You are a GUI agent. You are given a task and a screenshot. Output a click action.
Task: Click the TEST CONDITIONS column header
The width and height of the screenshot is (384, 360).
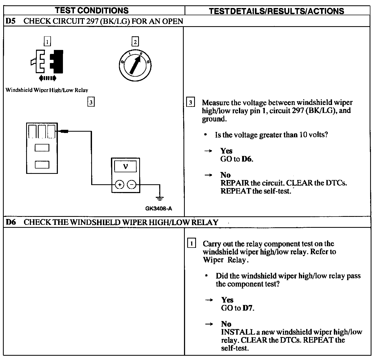click(x=91, y=10)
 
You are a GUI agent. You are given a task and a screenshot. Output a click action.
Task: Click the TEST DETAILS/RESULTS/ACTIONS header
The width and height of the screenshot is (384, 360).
click(x=276, y=11)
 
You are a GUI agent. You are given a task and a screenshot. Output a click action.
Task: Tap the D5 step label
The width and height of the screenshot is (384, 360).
click(x=10, y=21)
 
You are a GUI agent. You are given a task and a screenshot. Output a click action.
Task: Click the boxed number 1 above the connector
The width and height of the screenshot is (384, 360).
click(x=47, y=42)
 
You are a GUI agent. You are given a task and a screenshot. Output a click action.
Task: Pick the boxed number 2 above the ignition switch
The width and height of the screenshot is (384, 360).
click(x=135, y=42)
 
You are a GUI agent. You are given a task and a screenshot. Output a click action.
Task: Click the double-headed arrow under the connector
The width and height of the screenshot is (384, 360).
click(x=47, y=78)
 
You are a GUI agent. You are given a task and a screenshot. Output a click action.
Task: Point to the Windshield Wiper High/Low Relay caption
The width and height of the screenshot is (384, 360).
click(x=47, y=90)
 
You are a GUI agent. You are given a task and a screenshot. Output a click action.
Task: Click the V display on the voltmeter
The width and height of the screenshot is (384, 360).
click(x=125, y=167)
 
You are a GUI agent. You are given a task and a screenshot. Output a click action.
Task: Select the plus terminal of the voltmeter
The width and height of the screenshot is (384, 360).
click(x=119, y=185)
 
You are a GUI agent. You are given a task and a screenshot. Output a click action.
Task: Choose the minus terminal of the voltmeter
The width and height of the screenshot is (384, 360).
click(x=131, y=185)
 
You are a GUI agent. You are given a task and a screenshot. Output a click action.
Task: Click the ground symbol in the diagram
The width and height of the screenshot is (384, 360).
click(x=159, y=198)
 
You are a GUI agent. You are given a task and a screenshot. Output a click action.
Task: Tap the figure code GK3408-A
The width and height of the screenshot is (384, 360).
click(x=159, y=209)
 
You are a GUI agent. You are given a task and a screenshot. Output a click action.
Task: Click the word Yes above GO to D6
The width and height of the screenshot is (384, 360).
click(x=226, y=151)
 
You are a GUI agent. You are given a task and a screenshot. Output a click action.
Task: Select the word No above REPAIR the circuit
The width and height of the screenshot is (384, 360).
click(x=225, y=175)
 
